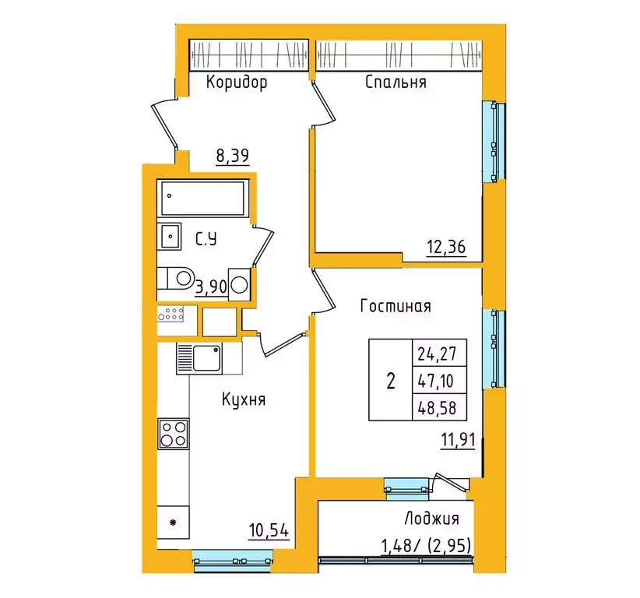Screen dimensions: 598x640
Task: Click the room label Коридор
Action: [237, 83]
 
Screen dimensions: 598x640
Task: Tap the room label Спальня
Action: [396, 83]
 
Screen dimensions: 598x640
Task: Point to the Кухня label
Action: [244, 400]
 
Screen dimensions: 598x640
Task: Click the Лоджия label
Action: [431, 519]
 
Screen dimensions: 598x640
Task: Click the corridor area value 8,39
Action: [232, 156]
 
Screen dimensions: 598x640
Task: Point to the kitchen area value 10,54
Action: [269, 532]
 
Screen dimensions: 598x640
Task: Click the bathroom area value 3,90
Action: [211, 287]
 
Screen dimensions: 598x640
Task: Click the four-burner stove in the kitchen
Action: [173, 433]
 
